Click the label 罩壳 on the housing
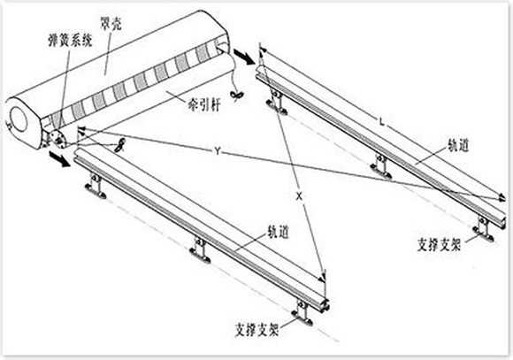[111, 23]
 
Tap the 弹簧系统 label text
[70, 40]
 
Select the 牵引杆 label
[204, 104]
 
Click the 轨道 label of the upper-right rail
[459, 145]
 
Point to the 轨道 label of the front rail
[278, 232]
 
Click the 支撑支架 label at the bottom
[257, 330]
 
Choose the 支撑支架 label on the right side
[439, 244]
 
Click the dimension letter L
[381, 122]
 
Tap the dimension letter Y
[218, 151]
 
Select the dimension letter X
[299, 196]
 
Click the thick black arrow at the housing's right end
[244, 57]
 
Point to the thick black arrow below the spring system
[59, 158]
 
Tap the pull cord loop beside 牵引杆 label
[236, 95]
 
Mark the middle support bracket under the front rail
[200, 250]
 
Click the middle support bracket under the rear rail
[381, 167]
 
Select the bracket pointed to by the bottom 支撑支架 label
[302, 313]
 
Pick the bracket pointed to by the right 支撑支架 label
[484, 229]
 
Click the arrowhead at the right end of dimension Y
[502, 197]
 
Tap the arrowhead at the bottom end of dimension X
[323, 277]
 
